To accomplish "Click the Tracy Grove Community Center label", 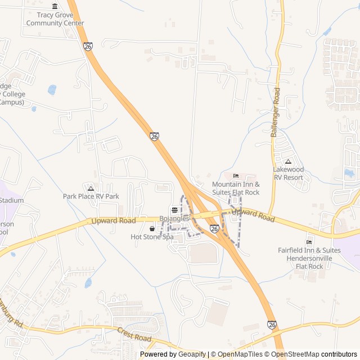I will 55,19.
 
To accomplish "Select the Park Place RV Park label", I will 91,196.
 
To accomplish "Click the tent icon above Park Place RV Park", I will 91,187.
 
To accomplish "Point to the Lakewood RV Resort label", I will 288,173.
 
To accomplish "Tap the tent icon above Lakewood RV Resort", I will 288,161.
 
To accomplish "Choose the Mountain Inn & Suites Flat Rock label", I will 236,188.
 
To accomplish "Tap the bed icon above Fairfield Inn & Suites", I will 309,242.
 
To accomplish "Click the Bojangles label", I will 174,218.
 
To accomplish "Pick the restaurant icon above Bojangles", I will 174,209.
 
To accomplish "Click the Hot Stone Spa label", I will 152,237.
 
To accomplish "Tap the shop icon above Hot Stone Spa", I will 152,229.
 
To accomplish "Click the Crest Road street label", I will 134,335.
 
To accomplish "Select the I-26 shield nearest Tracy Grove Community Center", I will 88,47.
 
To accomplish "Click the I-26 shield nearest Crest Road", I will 272,325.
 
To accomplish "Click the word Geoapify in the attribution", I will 192,354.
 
